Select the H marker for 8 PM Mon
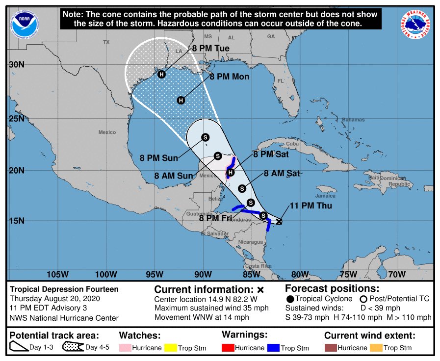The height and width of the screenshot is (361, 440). point(181,100)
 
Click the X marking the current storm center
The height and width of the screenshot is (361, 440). point(279,221)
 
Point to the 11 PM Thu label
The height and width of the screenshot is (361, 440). point(311,206)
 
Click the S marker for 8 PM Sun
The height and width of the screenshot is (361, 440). point(205,137)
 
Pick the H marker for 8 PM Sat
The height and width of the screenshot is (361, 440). point(231,172)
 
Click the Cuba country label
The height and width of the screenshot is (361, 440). point(292,144)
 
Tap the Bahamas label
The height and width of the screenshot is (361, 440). point(353,120)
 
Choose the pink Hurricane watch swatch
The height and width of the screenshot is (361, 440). point(126,348)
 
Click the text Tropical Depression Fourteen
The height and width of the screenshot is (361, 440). point(64,289)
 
